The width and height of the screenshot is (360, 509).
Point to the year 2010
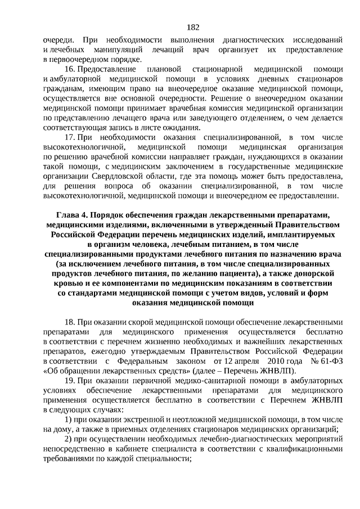click(268, 361)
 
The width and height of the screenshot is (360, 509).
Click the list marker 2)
click(69, 439)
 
